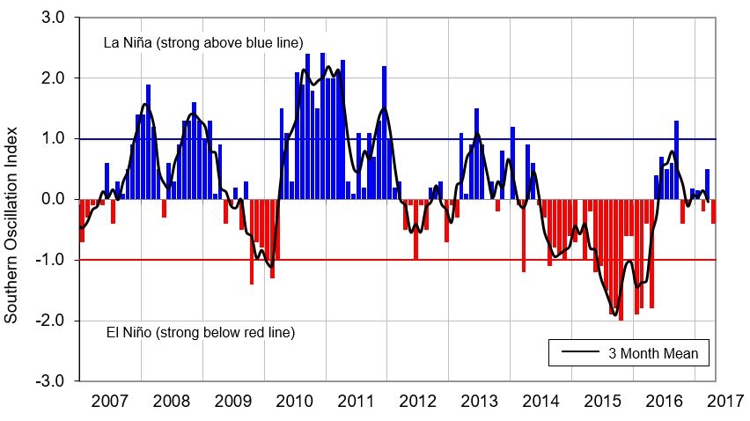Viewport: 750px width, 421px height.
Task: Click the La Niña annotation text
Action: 203,42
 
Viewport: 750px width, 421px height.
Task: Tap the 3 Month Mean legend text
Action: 653,353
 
